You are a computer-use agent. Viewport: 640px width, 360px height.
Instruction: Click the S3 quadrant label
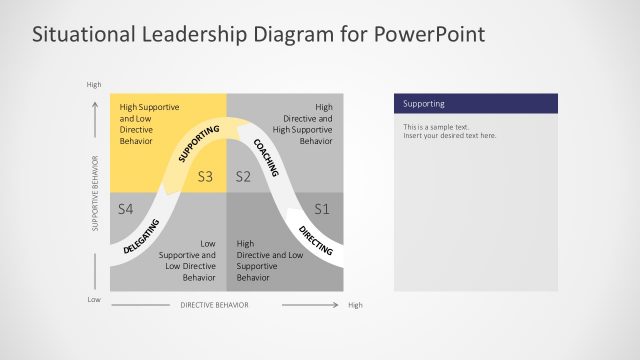click(x=206, y=177)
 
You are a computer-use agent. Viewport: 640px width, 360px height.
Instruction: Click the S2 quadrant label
click(x=242, y=177)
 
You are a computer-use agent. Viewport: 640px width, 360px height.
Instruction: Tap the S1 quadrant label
click(x=321, y=209)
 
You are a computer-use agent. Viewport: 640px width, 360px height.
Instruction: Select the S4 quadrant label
click(x=125, y=209)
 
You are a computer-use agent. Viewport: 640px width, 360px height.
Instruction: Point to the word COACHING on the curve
click(x=265, y=157)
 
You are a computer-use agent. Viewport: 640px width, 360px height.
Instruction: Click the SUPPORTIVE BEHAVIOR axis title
click(x=95, y=194)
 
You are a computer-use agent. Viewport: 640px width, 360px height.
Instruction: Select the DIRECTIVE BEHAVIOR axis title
click(x=213, y=305)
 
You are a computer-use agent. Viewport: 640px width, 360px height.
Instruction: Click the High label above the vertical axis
click(x=94, y=84)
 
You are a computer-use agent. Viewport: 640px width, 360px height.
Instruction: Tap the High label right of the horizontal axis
click(x=355, y=305)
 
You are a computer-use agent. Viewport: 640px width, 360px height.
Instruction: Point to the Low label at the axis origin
click(x=94, y=299)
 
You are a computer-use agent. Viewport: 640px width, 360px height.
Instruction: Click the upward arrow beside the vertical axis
click(x=95, y=120)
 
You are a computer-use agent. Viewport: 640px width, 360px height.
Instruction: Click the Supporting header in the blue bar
click(x=424, y=104)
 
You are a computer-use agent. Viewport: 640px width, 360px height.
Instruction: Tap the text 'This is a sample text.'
click(x=436, y=127)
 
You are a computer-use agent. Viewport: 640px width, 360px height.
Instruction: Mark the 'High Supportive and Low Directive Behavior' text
click(x=145, y=124)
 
